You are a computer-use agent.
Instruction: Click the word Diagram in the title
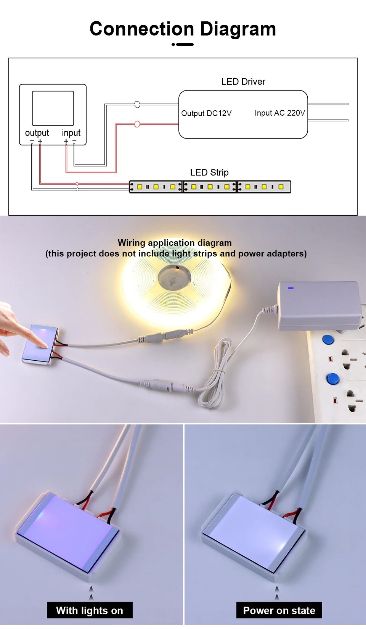(x=238, y=29)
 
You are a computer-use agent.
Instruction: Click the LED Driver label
(x=243, y=82)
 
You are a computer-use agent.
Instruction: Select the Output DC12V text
(x=206, y=113)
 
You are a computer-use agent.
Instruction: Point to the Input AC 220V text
(x=279, y=113)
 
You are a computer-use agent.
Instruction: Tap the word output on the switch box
(x=37, y=133)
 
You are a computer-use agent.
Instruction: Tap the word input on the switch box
(x=71, y=133)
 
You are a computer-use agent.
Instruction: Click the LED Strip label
(x=209, y=173)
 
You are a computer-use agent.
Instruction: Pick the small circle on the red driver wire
(x=137, y=124)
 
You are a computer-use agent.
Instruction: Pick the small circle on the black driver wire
(x=137, y=104)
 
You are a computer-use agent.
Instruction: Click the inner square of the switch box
(x=53, y=108)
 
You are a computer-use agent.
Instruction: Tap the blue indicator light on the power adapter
(x=291, y=288)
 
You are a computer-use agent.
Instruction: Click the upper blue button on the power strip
(x=327, y=339)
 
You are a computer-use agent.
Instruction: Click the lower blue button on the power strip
(x=333, y=379)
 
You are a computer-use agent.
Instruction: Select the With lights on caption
(x=90, y=610)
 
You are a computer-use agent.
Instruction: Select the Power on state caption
(x=279, y=610)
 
